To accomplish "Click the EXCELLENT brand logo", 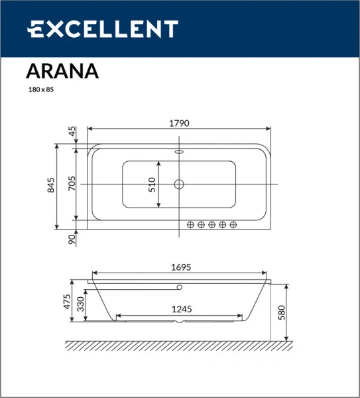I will [x=102, y=29].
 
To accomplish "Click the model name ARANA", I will [x=62, y=72].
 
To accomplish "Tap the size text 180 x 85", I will [x=40, y=90].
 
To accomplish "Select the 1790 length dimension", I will [x=179, y=123].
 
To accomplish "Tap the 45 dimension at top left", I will [x=72, y=133].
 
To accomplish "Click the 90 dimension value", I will [x=72, y=239].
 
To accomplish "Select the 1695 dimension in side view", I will [x=180, y=267].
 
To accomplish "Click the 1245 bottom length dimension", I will [x=180, y=308].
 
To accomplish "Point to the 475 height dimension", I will [x=67, y=301].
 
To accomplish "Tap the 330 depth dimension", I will [x=80, y=305].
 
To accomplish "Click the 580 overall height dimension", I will [x=281, y=311].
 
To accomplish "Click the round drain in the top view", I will [x=178, y=184].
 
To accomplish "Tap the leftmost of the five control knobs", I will [x=190, y=225].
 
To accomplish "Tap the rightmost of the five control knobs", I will [x=233, y=225].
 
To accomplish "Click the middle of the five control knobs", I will [x=211, y=225].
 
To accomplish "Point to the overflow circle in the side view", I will [x=179, y=287].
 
